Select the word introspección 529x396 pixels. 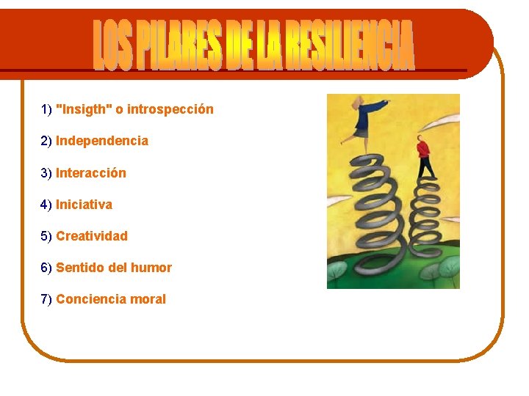point(170,109)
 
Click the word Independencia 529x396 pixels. point(102,141)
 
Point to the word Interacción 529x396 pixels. point(91,173)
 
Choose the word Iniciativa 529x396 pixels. point(84,205)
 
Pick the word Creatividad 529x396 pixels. point(92,236)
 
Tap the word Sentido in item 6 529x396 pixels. point(80,268)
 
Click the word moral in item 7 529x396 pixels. point(148,299)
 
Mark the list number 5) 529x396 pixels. point(46,236)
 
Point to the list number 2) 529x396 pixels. point(46,141)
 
